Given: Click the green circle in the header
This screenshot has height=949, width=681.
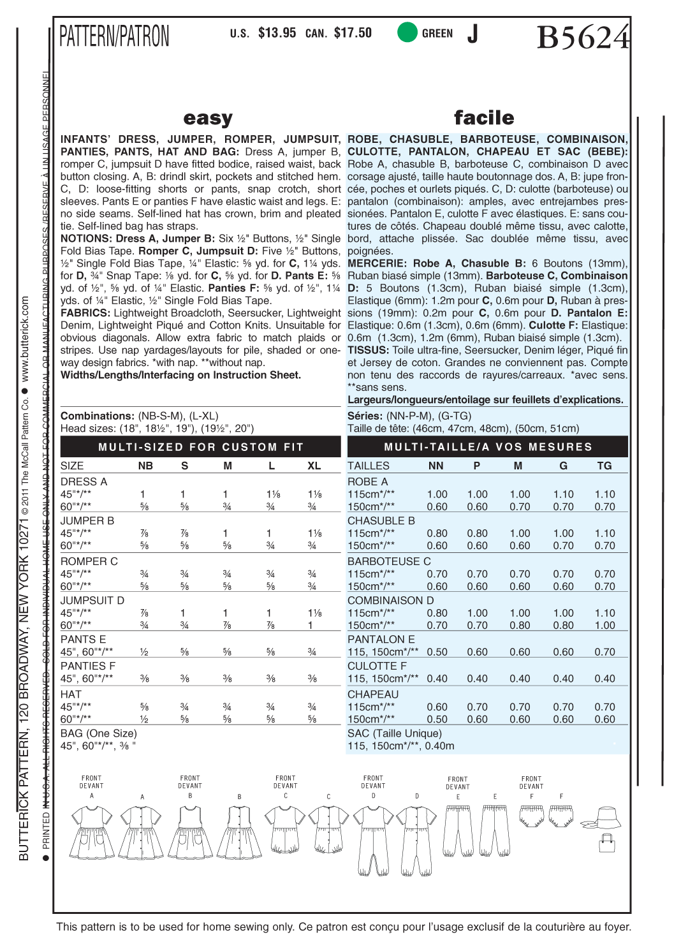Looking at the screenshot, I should [x=407, y=33].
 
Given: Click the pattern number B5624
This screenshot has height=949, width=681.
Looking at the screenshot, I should [x=583, y=37].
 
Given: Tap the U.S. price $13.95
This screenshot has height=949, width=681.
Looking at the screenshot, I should [x=277, y=33].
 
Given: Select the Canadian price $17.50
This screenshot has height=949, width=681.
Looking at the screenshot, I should [x=353, y=33].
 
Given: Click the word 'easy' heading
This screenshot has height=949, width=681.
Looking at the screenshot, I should [x=208, y=118].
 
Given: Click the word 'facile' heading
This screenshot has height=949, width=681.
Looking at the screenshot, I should [x=484, y=118].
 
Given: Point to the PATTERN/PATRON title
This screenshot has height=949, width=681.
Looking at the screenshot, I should [x=115, y=36].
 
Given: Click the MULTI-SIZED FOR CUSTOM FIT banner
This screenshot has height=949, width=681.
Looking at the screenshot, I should [x=201, y=447].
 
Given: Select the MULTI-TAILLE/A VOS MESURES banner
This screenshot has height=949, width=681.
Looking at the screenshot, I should [x=488, y=447].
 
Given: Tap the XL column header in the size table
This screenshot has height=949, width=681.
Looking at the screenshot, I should [x=314, y=466].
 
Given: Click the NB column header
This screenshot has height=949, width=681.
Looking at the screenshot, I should [x=145, y=466].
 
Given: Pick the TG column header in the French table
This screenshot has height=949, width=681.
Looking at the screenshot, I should [x=604, y=466].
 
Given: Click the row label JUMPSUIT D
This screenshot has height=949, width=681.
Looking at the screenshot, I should [x=92, y=601].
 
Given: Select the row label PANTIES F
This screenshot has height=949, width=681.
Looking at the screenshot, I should [x=88, y=666].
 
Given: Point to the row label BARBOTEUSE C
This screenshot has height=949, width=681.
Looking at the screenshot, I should [x=389, y=561].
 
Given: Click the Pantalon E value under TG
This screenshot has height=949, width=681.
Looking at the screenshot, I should [x=604, y=652].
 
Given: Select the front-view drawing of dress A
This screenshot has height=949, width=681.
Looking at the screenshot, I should [x=92, y=832].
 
